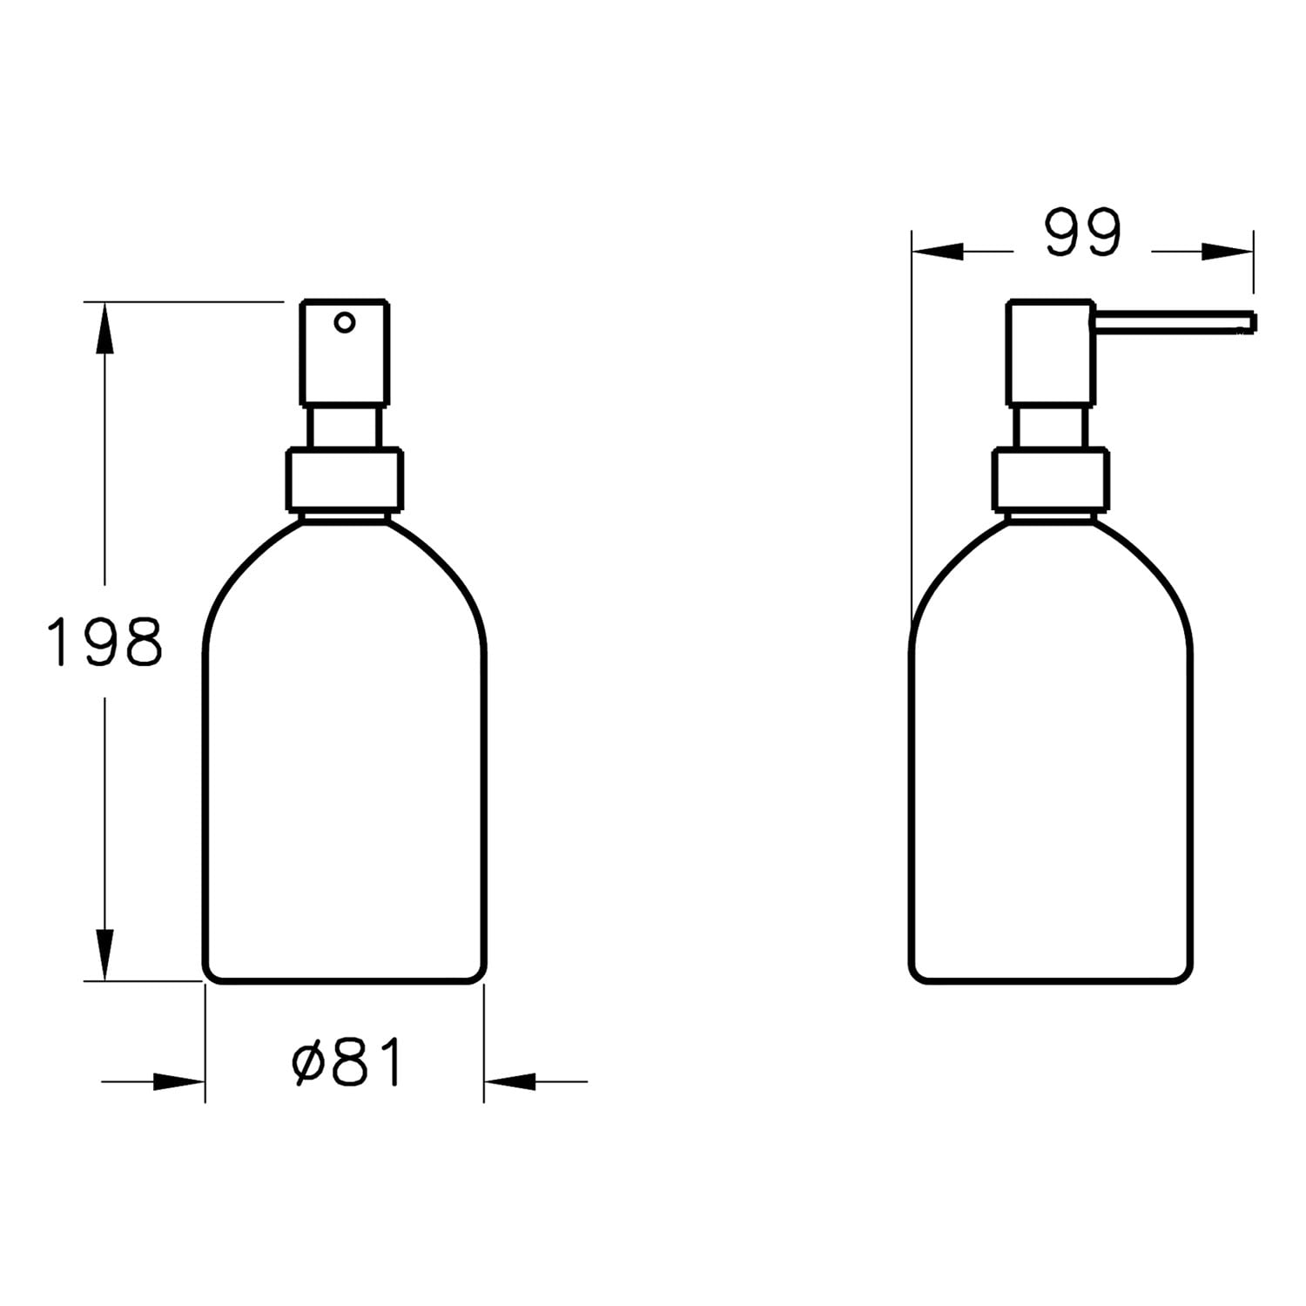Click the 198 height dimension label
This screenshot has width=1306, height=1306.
104,642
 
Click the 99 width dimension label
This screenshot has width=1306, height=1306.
1083,232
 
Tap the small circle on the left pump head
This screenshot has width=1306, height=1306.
345,323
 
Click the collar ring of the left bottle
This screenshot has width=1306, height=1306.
345,479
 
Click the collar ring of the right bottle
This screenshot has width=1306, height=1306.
1051,479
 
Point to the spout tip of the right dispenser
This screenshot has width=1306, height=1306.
1254,322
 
